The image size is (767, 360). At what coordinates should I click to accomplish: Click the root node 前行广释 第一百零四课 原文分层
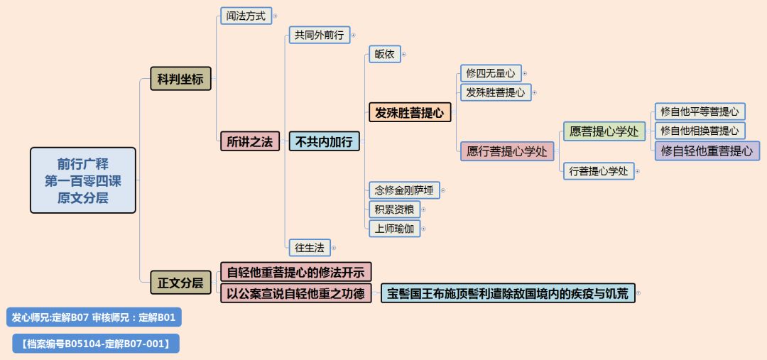click(x=82, y=180)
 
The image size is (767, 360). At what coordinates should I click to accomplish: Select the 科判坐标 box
click(x=180, y=79)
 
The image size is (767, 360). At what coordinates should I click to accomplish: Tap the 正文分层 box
click(x=180, y=283)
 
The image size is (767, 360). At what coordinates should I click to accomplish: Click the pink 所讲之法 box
click(x=249, y=141)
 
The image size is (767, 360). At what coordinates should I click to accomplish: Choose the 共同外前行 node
click(x=319, y=35)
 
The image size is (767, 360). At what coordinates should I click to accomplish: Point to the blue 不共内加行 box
click(x=323, y=141)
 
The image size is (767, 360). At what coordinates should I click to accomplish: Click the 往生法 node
click(x=309, y=248)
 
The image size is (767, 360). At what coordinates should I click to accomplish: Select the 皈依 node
click(x=384, y=54)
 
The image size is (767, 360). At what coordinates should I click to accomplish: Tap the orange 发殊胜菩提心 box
click(x=410, y=112)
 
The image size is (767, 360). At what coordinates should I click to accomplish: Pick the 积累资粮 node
click(x=394, y=209)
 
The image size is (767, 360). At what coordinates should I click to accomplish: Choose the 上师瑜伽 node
click(x=394, y=228)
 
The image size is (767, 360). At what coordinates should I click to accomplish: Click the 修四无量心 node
click(x=491, y=72)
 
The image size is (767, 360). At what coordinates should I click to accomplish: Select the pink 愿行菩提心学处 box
click(x=506, y=151)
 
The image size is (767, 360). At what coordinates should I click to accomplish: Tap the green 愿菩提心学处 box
click(x=604, y=131)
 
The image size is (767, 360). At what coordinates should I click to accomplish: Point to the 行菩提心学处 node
click(x=599, y=170)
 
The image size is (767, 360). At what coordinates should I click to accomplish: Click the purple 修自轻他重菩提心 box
click(x=707, y=151)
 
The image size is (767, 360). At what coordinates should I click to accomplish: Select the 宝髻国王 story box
click(x=508, y=293)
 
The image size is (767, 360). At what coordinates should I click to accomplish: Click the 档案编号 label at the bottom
click(x=96, y=344)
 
